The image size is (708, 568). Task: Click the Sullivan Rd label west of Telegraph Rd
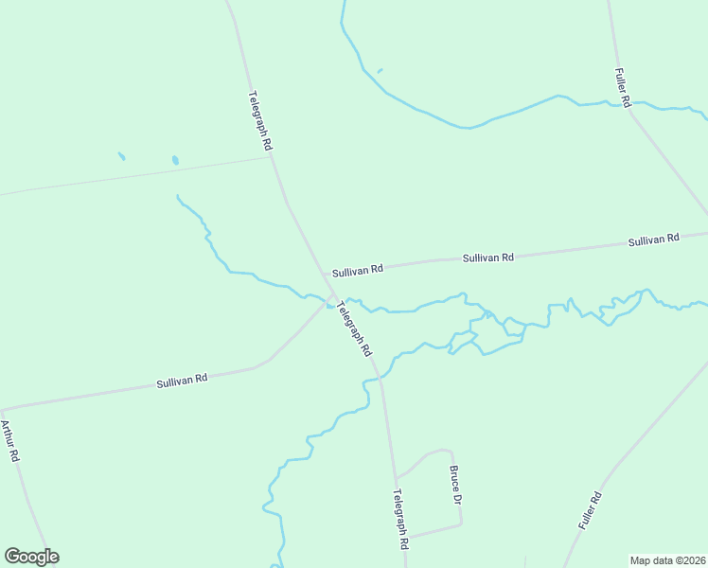pos(182,381)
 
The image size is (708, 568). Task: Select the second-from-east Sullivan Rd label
pos(487,257)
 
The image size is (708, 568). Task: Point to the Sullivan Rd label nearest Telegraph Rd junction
pos(357,270)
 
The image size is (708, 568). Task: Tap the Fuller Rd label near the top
pos(623,86)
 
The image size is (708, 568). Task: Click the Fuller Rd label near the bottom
pos(590,510)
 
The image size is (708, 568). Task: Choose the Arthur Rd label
pos(10,440)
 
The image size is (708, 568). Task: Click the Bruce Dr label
pos(455,486)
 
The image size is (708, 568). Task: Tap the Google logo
pos(31,557)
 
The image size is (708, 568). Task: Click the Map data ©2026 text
pos(667,560)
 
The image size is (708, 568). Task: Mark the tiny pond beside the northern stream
pos(380,70)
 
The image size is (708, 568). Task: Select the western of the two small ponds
pos(121,155)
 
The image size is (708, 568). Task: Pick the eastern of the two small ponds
pos(175,161)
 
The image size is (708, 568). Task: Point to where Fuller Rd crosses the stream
pos(627,103)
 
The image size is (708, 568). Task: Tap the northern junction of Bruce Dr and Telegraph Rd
pos(396,476)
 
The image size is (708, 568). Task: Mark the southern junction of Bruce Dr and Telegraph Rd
pos(405,538)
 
